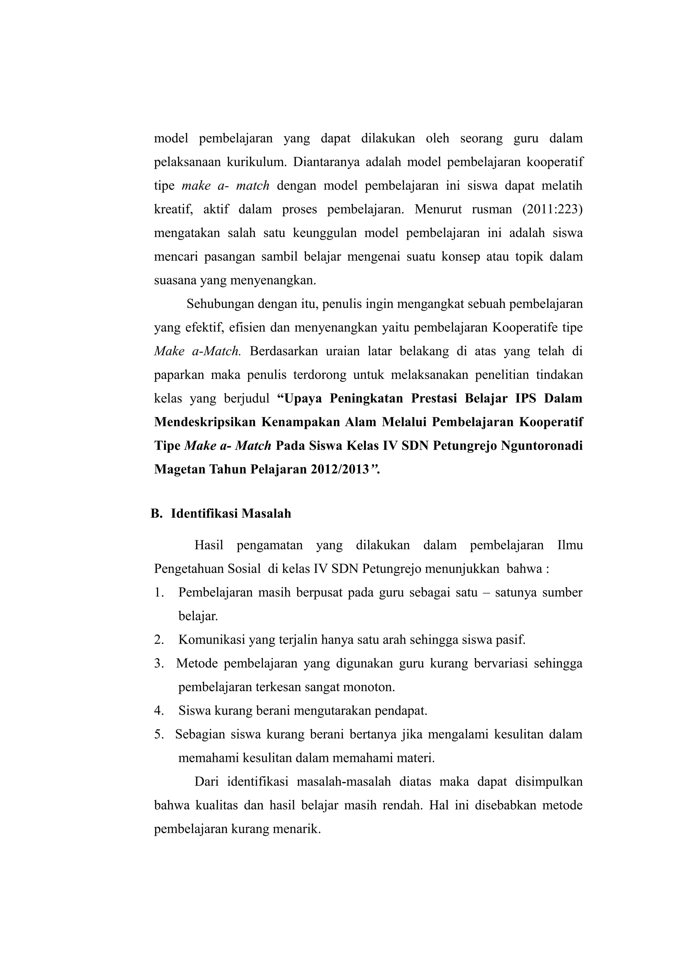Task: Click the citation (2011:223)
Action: (x=552, y=209)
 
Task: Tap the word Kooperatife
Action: (x=524, y=327)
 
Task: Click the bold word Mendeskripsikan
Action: (x=205, y=422)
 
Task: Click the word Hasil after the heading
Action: (x=209, y=545)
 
